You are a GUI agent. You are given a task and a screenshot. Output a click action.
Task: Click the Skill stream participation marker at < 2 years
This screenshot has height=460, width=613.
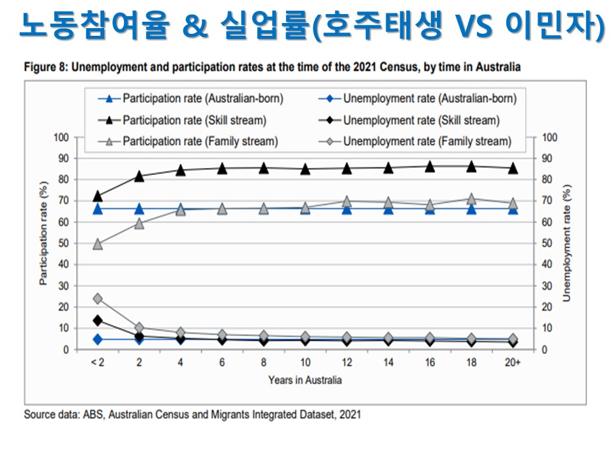(x=98, y=196)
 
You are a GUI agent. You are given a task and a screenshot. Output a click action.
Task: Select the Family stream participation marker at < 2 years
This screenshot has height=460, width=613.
(x=98, y=244)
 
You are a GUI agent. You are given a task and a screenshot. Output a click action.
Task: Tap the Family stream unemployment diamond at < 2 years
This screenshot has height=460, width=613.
(x=98, y=298)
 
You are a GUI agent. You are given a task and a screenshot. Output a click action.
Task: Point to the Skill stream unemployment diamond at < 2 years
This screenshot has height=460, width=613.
(x=98, y=320)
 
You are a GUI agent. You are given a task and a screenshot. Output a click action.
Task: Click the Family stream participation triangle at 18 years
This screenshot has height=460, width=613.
(x=471, y=199)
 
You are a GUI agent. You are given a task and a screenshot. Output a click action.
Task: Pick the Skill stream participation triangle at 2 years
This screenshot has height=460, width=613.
(x=139, y=176)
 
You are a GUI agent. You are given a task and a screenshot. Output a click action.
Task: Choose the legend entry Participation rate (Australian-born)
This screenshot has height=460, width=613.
(x=202, y=99)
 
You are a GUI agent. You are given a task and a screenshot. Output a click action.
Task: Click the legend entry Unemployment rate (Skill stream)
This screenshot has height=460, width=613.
(x=421, y=120)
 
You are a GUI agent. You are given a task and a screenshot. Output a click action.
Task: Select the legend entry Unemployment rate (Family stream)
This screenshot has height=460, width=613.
(x=427, y=141)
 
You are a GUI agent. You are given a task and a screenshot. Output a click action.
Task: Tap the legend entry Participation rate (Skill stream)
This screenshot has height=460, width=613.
(x=194, y=120)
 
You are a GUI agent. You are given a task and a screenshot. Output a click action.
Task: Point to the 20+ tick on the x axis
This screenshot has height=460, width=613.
(x=513, y=362)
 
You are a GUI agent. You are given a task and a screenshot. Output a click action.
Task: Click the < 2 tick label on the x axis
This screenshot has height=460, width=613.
(x=98, y=362)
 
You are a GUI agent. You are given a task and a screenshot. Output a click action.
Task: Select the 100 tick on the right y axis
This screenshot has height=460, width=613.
(x=549, y=137)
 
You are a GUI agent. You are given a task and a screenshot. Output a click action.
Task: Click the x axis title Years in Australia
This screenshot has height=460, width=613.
(x=305, y=380)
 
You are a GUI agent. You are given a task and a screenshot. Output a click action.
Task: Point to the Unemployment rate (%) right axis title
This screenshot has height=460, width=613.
(x=566, y=243)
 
